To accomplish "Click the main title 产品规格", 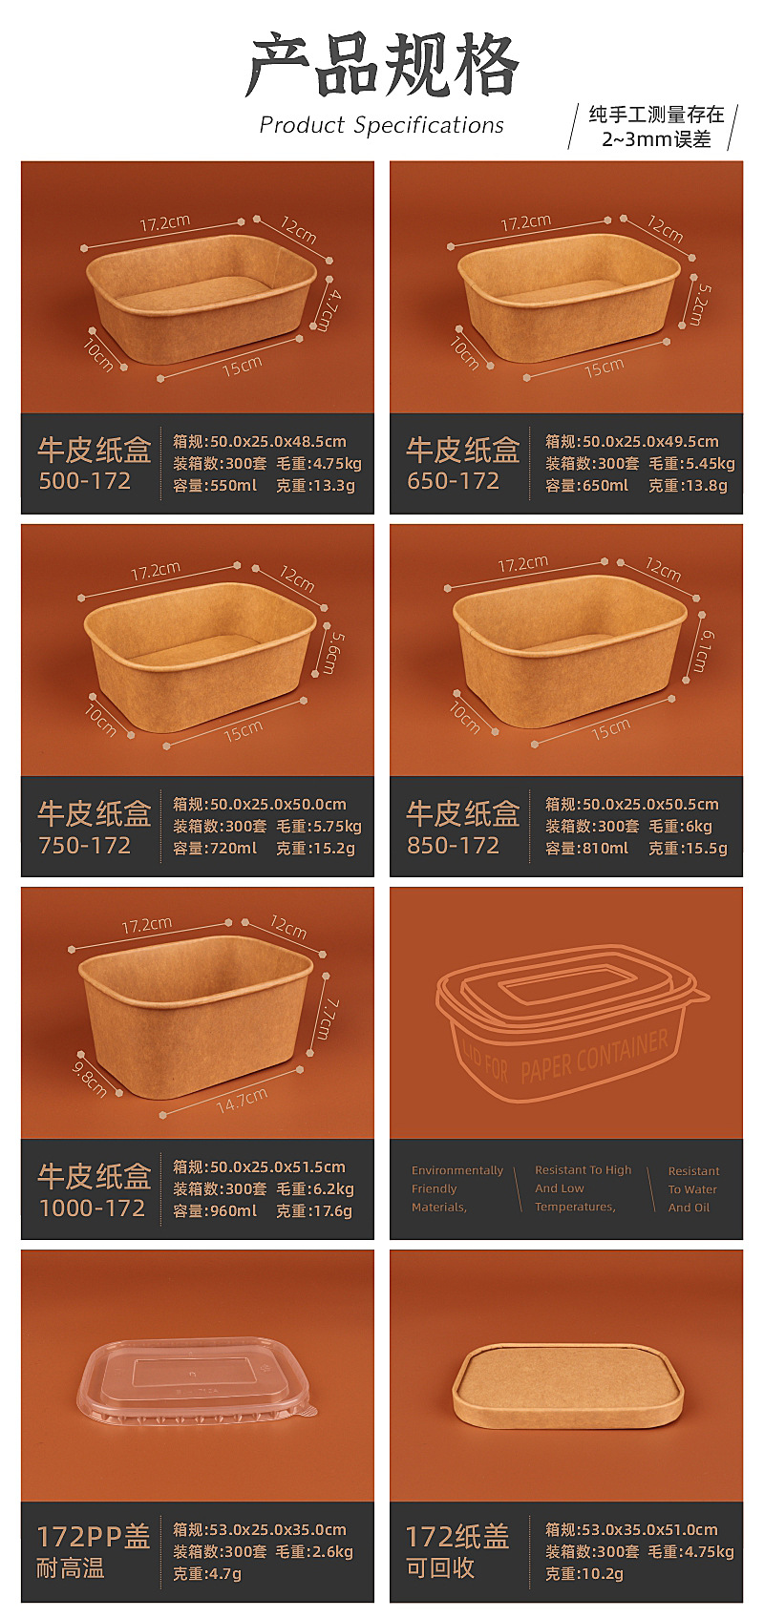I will coord(382,66).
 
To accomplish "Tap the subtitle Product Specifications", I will coord(381,125).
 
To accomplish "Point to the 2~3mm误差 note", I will coord(656,139).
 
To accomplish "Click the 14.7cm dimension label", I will coord(241,1101).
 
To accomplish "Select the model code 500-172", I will coord(84,481).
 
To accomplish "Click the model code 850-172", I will coord(453,845).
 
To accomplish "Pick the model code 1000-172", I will coord(92,1208).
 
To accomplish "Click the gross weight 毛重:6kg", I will coord(680,826).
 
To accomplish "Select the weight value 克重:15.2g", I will coord(315,848).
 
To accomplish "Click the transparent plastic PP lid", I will coord(196,1384).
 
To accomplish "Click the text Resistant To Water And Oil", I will coord(693,1188).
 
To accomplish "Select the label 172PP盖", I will coord(94,1537).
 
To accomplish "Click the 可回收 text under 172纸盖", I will coord(440,1567).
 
